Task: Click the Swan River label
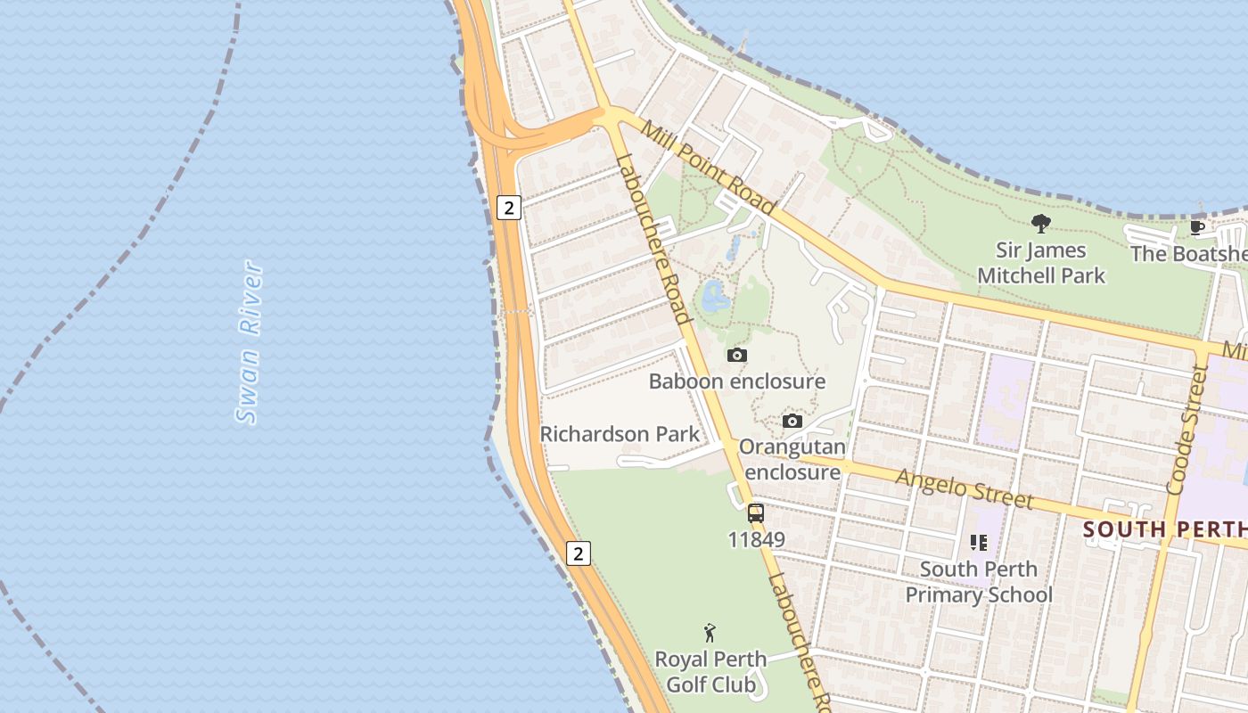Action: [x=250, y=342]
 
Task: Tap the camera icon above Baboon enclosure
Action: [x=736, y=356]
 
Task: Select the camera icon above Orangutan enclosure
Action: [x=792, y=422]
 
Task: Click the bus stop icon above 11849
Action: [x=756, y=513]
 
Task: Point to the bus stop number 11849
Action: [x=756, y=539]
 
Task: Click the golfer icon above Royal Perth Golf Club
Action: [x=710, y=633]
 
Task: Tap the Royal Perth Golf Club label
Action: [x=710, y=672]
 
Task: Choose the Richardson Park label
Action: [x=620, y=434]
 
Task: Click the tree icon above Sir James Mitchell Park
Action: [x=1040, y=224]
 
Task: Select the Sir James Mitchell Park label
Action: [x=1041, y=263]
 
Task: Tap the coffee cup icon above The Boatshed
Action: [x=1197, y=228]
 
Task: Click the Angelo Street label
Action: [x=965, y=489]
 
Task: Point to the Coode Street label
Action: [x=1186, y=430]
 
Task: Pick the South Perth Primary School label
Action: [x=979, y=581]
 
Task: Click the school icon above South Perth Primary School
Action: [x=978, y=542]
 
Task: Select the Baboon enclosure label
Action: [x=736, y=381]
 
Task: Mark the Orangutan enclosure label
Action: [x=792, y=459]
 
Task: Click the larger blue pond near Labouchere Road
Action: [x=715, y=297]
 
